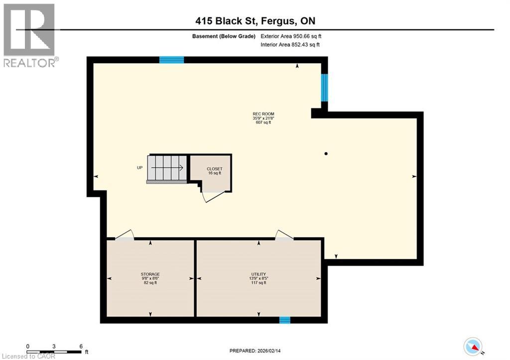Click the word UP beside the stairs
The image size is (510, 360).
pyautogui.click(x=140, y=168)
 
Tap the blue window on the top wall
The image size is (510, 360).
pyautogui.click(x=171, y=60)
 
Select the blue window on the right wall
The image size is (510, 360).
pyautogui.click(x=324, y=87)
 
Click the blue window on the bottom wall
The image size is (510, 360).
pyautogui.click(x=284, y=320)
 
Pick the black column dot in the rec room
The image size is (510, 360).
pyautogui.click(x=326, y=153)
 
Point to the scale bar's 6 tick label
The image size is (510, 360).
pyautogui.click(x=81, y=346)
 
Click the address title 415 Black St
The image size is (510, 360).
pyautogui.click(x=255, y=21)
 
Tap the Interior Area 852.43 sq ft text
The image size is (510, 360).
pyautogui.click(x=290, y=45)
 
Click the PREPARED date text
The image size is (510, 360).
pyautogui.click(x=255, y=348)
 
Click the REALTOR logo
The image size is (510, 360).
pyautogui.click(x=30, y=35)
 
